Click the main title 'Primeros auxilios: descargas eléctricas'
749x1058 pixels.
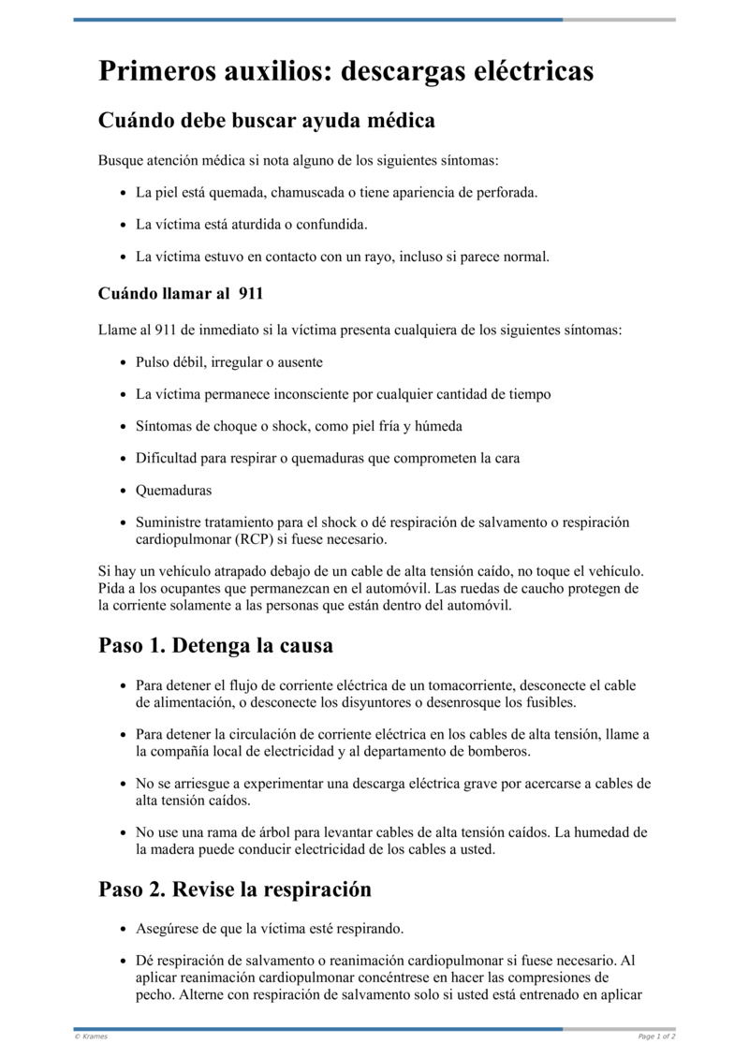345,71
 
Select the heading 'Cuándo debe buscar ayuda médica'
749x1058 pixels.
266,121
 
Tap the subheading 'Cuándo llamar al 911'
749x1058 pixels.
180,293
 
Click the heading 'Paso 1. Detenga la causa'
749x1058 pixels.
215,645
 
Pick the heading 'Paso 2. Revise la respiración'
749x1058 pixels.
235,889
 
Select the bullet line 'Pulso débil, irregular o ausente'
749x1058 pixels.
229,361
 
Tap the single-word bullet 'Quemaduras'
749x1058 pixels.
173,490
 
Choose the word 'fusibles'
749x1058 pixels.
545,702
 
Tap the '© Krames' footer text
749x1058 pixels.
91,1036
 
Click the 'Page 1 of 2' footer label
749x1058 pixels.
656,1036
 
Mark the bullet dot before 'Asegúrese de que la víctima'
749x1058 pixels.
125,929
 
